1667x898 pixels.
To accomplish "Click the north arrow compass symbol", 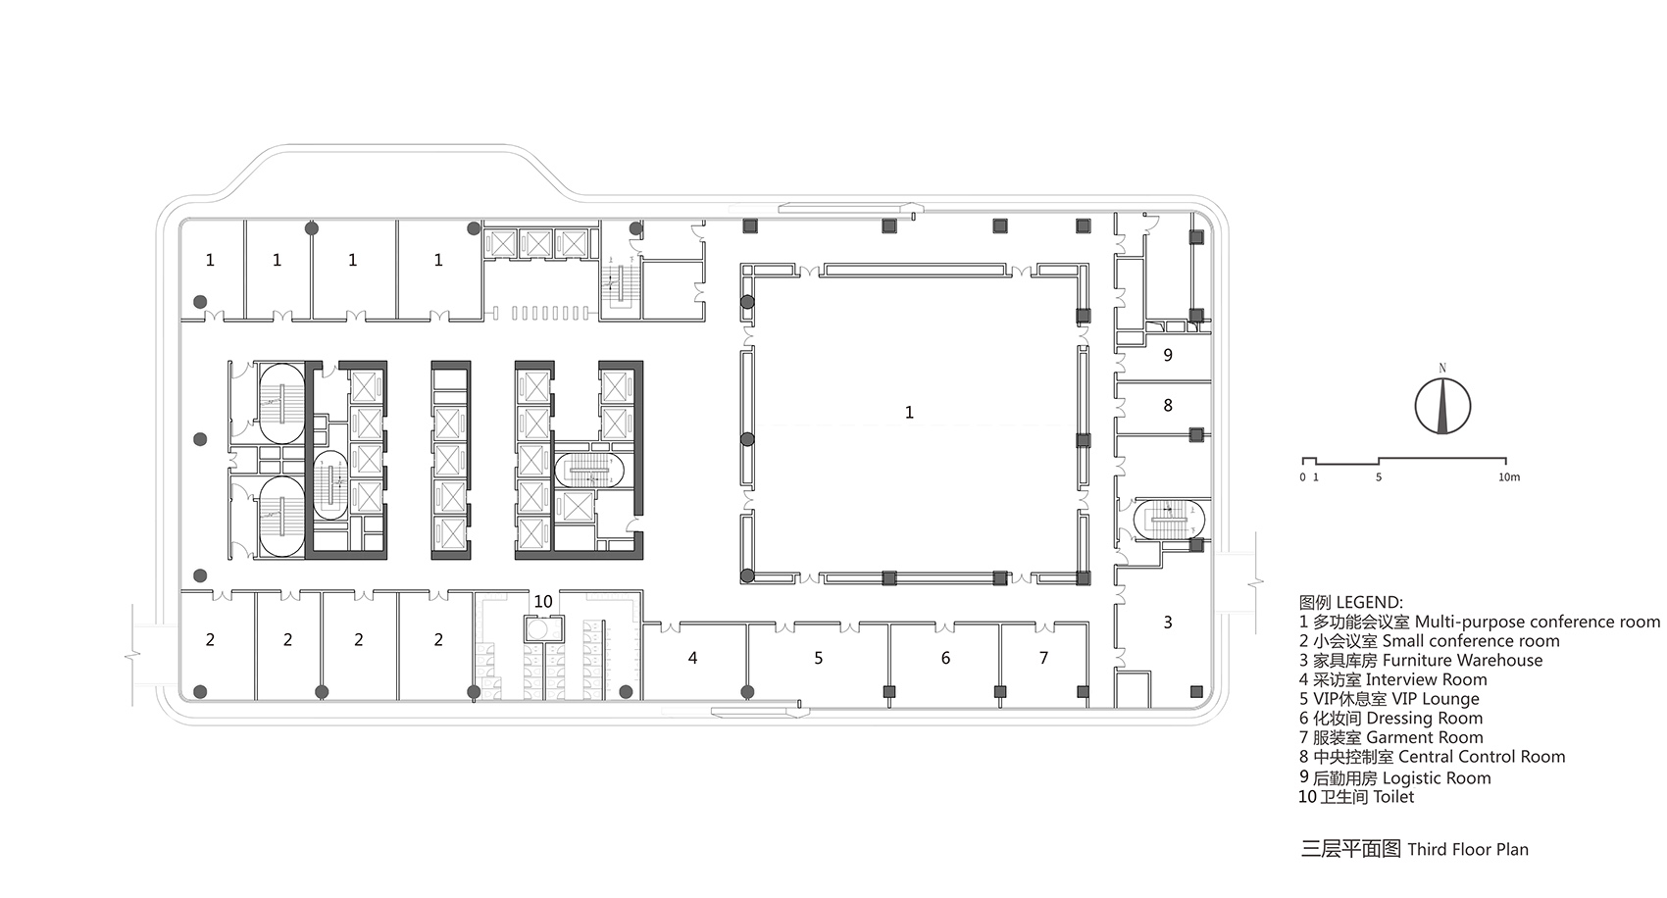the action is pyautogui.click(x=1442, y=406).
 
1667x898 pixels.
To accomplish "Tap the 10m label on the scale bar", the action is pyautogui.click(x=1509, y=477).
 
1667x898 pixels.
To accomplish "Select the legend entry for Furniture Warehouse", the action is pyautogui.click(x=1421, y=661).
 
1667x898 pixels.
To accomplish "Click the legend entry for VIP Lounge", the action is pyautogui.click(x=1389, y=699).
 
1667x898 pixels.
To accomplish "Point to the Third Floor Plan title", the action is pyautogui.click(x=1414, y=849).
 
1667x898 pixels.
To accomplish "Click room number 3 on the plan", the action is pyautogui.click(x=1168, y=622).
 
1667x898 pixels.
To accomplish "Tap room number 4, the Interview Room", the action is pyautogui.click(x=693, y=658).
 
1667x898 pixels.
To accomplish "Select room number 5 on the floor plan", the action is pyautogui.click(x=819, y=658).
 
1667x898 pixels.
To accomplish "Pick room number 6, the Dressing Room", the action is pyautogui.click(x=946, y=658).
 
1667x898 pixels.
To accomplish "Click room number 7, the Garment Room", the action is pyautogui.click(x=1044, y=658).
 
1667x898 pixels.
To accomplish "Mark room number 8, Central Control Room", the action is pyautogui.click(x=1168, y=406).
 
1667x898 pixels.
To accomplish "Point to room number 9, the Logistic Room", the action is pyautogui.click(x=1168, y=355).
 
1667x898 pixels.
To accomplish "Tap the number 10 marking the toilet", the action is pyautogui.click(x=543, y=601).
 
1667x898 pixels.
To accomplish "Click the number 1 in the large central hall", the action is pyautogui.click(x=909, y=412).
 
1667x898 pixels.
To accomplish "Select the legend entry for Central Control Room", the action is pyautogui.click(x=1432, y=758).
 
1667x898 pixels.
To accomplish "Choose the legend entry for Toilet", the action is pyautogui.click(x=1356, y=797).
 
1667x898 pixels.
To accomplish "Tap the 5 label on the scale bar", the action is pyautogui.click(x=1379, y=477).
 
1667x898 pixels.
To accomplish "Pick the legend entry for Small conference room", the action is pyautogui.click(x=1429, y=641).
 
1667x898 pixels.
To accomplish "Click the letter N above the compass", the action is pyautogui.click(x=1442, y=369).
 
